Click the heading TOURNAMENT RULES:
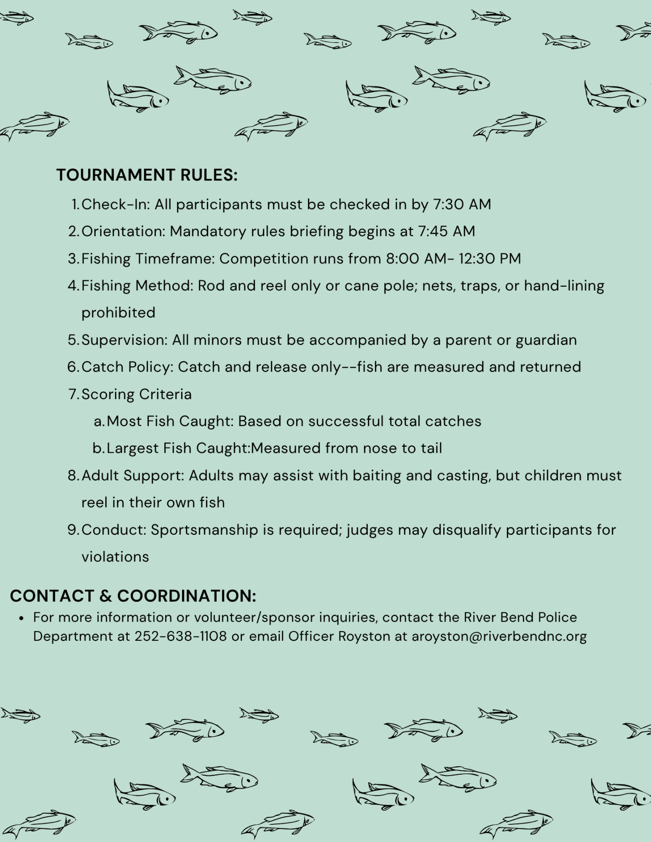click(x=147, y=175)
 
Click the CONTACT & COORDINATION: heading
click(x=133, y=596)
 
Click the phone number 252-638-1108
click(x=181, y=637)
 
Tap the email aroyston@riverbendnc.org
click(x=499, y=637)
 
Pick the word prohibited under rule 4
click(x=118, y=312)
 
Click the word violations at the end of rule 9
click(x=115, y=557)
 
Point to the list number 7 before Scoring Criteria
click(x=73, y=394)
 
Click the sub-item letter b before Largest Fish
click(x=97, y=449)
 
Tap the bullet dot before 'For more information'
click(x=22, y=618)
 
